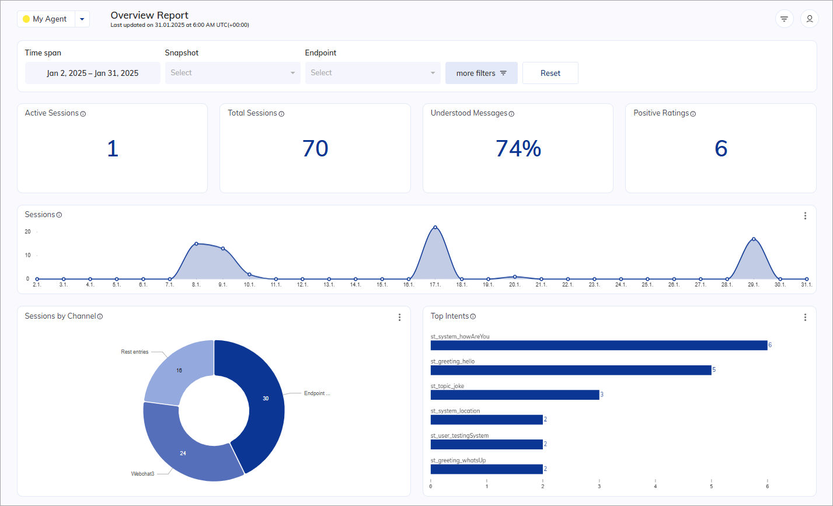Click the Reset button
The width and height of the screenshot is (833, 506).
click(550, 73)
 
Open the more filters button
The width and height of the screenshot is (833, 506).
click(481, 73)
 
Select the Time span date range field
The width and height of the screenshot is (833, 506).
click(93, 73)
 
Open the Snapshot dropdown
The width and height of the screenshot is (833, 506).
click(232, 73)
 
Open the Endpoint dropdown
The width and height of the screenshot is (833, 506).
click(372, 73)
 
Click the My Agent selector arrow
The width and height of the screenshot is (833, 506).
click(82, 19)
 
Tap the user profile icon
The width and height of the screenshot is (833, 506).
click(809, 19)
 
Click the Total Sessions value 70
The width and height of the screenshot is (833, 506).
click(315, 149)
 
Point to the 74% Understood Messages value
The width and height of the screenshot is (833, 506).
click(518, 149)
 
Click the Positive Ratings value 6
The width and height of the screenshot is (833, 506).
click(721, 149)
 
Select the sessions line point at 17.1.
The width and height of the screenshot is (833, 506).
click(435, 227)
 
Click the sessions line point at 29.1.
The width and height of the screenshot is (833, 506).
click(754, 239)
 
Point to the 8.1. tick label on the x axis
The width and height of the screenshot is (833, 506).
click(196, 285)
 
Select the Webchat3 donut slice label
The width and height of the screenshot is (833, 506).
click(142, 474)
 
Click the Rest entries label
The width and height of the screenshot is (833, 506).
click(135, 352)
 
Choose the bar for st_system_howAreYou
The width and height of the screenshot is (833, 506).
click(599, 345)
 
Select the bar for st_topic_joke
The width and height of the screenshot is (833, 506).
click(515, 395)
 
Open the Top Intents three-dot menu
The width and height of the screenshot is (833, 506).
click(805, 317)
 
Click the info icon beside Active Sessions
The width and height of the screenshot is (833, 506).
click(83, 114)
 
